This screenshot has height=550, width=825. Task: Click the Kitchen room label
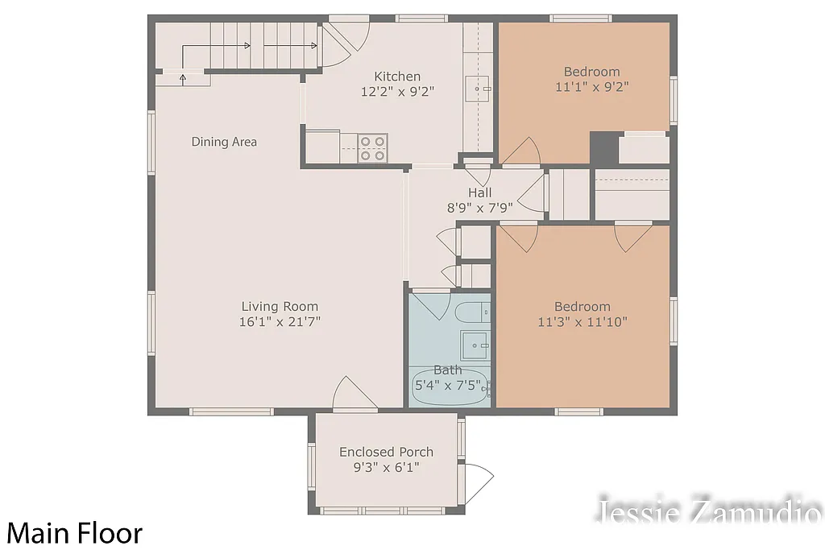(x=397, y=77)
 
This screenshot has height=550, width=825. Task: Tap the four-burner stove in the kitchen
(x=372, y=149)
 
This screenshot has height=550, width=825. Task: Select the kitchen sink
(x=479, y=86)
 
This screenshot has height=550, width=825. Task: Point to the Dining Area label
(x=224, y=142)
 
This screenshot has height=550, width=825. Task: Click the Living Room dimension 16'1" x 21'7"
(x=280, y=321)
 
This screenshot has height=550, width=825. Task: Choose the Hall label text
(x=479, y=192)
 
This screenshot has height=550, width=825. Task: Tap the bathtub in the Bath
(x=450, y=386)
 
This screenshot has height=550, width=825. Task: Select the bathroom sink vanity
(x=475, y=345)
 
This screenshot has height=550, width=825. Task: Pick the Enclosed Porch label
(x=386, y=452)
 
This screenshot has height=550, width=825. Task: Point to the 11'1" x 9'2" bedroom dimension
(x=592, y=86)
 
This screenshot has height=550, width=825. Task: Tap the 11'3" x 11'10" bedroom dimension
(x=582, y=321)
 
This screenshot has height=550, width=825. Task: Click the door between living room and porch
(x=354, y=395)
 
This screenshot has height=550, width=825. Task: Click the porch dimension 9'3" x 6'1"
(x=386, y=467)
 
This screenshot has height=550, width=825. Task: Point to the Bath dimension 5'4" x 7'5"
(x=448, y=385)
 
